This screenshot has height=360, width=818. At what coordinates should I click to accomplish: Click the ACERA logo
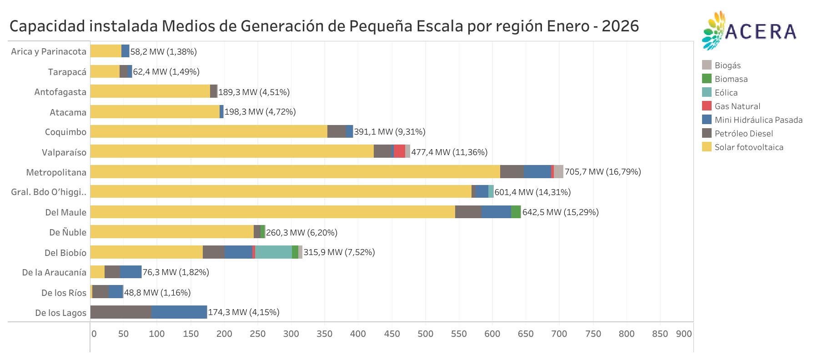[749, 30]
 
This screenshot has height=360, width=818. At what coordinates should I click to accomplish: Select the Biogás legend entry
[727, 65]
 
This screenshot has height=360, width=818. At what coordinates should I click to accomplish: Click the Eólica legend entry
[726, 93]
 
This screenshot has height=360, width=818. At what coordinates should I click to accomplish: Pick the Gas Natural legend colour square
[706, 106]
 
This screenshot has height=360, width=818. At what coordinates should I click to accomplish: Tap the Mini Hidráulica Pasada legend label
[758, 120]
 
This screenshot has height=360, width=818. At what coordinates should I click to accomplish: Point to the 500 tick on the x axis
[425, 334]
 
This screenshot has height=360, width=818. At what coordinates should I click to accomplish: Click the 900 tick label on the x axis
[683, 334]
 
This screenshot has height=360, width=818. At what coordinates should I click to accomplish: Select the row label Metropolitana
[56, 172]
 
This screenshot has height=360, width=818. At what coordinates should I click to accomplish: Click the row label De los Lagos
[60, 313]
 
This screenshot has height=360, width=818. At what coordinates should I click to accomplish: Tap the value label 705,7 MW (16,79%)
[602, 172]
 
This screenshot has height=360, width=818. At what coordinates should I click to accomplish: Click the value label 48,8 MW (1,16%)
[157, 293]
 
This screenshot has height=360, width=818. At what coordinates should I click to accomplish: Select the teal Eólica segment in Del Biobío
[273, 252]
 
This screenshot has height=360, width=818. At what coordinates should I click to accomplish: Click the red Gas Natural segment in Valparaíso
[399, 151]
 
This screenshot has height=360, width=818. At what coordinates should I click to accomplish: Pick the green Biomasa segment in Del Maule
[516, 212]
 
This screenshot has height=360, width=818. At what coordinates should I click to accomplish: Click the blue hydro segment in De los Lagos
[179, 312]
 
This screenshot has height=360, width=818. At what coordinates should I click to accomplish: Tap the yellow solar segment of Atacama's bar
[155, 112]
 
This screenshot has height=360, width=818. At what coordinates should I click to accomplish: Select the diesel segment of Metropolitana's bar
[512, 171]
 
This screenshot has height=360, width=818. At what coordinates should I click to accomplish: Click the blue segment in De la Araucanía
[130, 272]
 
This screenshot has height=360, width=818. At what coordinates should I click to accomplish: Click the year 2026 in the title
[620, 26]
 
